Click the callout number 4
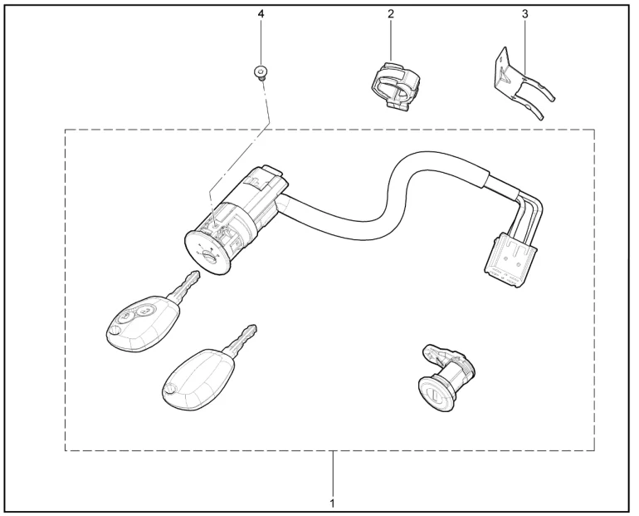click(x=262, y=15)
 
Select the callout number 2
click(x=392, y=15)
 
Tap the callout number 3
click(x=524, y=14)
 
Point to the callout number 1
click(x=333, y=504)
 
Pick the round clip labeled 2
click(x=393, y=86)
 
